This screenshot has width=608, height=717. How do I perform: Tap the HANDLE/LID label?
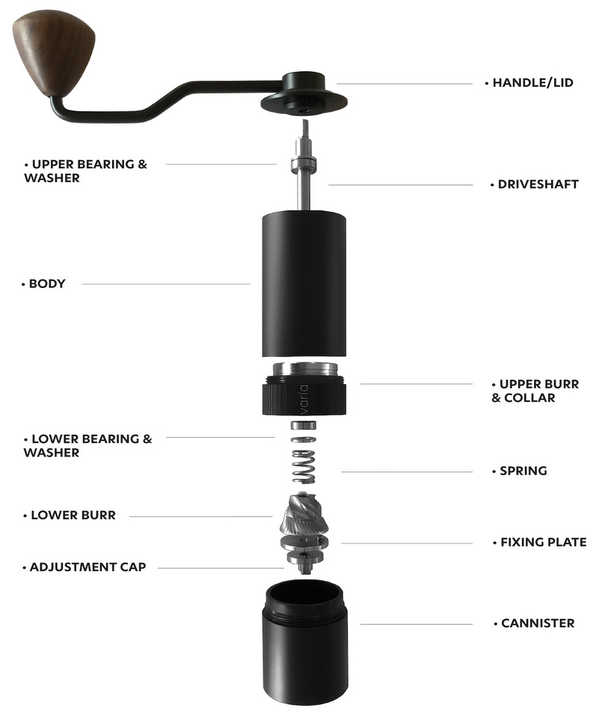[x=532, y=83]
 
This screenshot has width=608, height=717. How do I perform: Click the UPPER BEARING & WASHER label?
[x=86, y=171]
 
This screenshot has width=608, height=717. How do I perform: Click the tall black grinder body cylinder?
[x=304, y=283]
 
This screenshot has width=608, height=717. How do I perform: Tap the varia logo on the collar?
[x=304, y=400]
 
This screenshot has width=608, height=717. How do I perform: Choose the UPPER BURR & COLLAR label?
[x=535, y=391]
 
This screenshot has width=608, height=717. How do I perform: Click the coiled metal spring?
[x=304, y=467]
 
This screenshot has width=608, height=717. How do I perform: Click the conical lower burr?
[x=304, y=514]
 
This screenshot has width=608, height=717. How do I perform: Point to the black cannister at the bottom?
[x=304, y=644]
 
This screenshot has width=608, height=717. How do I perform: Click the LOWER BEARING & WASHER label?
[x=87, y=446]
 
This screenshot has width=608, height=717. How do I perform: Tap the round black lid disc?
[x=304, y=103]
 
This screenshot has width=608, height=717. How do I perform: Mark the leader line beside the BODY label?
[x=166, y=284]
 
